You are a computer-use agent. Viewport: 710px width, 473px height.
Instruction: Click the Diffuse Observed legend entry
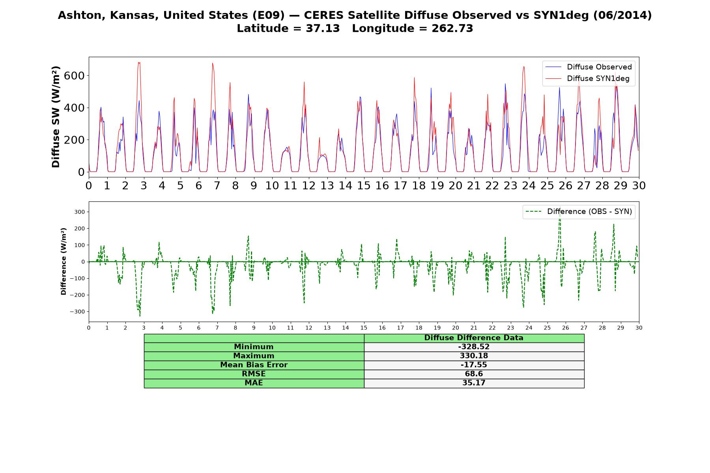[x=589, y=67]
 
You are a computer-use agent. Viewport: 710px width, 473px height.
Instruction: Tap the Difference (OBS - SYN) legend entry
[x=579, y=212]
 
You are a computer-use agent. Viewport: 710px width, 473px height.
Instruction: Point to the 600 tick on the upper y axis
[x=74, y=76]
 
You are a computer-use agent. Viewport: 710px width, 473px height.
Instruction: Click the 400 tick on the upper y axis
[x=74, y=108]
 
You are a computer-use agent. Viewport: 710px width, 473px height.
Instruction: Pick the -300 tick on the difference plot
[x=78, y=311]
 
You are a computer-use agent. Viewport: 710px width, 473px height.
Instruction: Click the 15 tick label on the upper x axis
[x=364, y=186]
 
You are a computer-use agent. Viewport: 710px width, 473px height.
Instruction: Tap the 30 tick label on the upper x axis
[x=639, y=186]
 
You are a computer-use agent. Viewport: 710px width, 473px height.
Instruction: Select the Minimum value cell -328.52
[x=474, y=347]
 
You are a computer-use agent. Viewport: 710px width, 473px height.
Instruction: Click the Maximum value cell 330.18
[x=474, y=356]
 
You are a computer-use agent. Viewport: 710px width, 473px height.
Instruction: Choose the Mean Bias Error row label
[x=254, y=365]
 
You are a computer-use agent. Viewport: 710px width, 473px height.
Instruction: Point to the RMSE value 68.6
[x=474, y=374]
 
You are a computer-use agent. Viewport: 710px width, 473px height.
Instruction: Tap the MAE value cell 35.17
[x=474, y=383]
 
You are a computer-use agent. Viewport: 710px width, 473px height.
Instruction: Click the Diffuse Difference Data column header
[x=474, y=338]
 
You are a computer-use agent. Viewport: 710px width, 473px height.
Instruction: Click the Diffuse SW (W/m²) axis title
[x=56, y=117]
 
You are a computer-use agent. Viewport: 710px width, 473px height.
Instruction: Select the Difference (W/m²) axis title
[x=64, y=262]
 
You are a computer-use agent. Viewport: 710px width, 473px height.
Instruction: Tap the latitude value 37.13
[x=323, y=28]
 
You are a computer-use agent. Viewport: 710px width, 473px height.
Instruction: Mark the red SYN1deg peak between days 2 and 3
[x=139, y=62]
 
